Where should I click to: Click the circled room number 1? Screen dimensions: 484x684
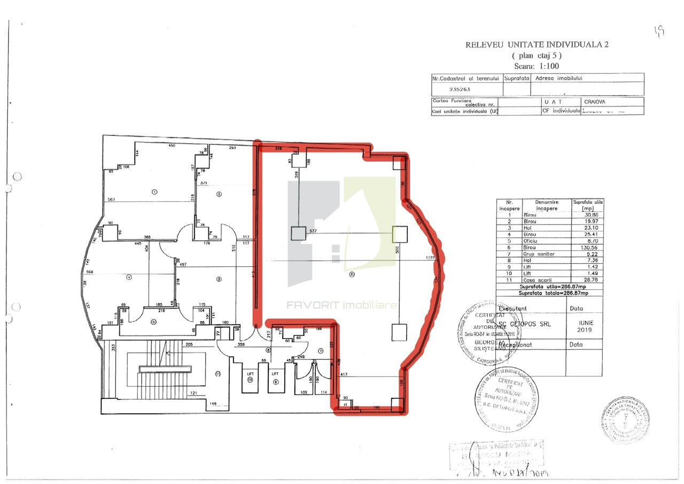154,191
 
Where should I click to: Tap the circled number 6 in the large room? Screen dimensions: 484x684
351,275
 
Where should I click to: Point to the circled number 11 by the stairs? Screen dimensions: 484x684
217,374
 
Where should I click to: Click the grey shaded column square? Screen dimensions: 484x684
298,234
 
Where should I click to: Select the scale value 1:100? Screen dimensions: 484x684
548,66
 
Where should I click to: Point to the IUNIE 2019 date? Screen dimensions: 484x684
585,326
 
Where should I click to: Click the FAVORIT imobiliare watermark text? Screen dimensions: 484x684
342,305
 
